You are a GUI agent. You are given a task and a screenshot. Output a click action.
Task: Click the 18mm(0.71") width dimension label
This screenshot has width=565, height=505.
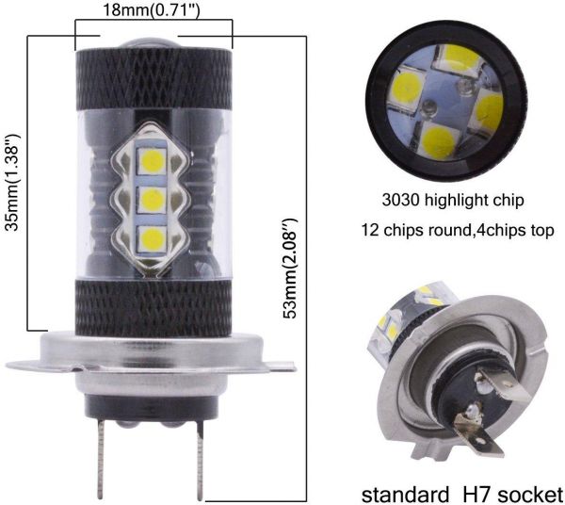click(x=151, y=10)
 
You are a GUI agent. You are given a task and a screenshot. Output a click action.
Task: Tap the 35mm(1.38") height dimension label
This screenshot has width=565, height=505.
click(x=13, y=183)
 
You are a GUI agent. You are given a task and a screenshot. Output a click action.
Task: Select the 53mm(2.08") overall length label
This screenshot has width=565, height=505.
click(x=290, y=269)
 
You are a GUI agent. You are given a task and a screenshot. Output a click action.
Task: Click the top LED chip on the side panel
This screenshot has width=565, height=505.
click(x=152, y=160)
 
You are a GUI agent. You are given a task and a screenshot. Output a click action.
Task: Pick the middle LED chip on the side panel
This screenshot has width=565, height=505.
click(x=152, y=199)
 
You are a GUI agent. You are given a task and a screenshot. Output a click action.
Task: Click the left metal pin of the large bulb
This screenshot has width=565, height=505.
click(x=101, y=459)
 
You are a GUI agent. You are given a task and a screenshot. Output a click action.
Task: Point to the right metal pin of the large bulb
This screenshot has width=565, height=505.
click(x=200, y=461)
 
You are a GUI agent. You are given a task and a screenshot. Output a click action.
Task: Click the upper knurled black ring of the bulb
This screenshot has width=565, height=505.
click(x=153, y=80)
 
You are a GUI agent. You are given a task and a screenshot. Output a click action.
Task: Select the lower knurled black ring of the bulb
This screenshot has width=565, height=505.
click(x=153, y=308)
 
